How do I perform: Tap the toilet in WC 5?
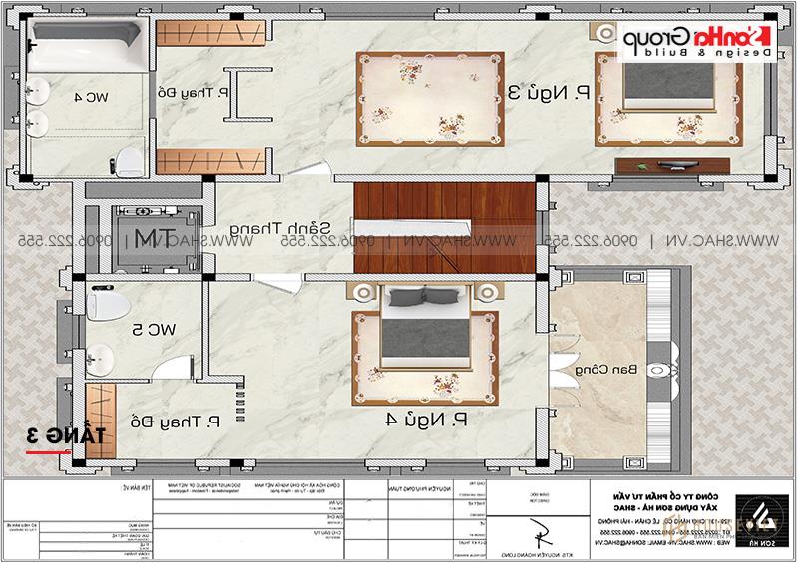pyautogui.click(x=104, y=299)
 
